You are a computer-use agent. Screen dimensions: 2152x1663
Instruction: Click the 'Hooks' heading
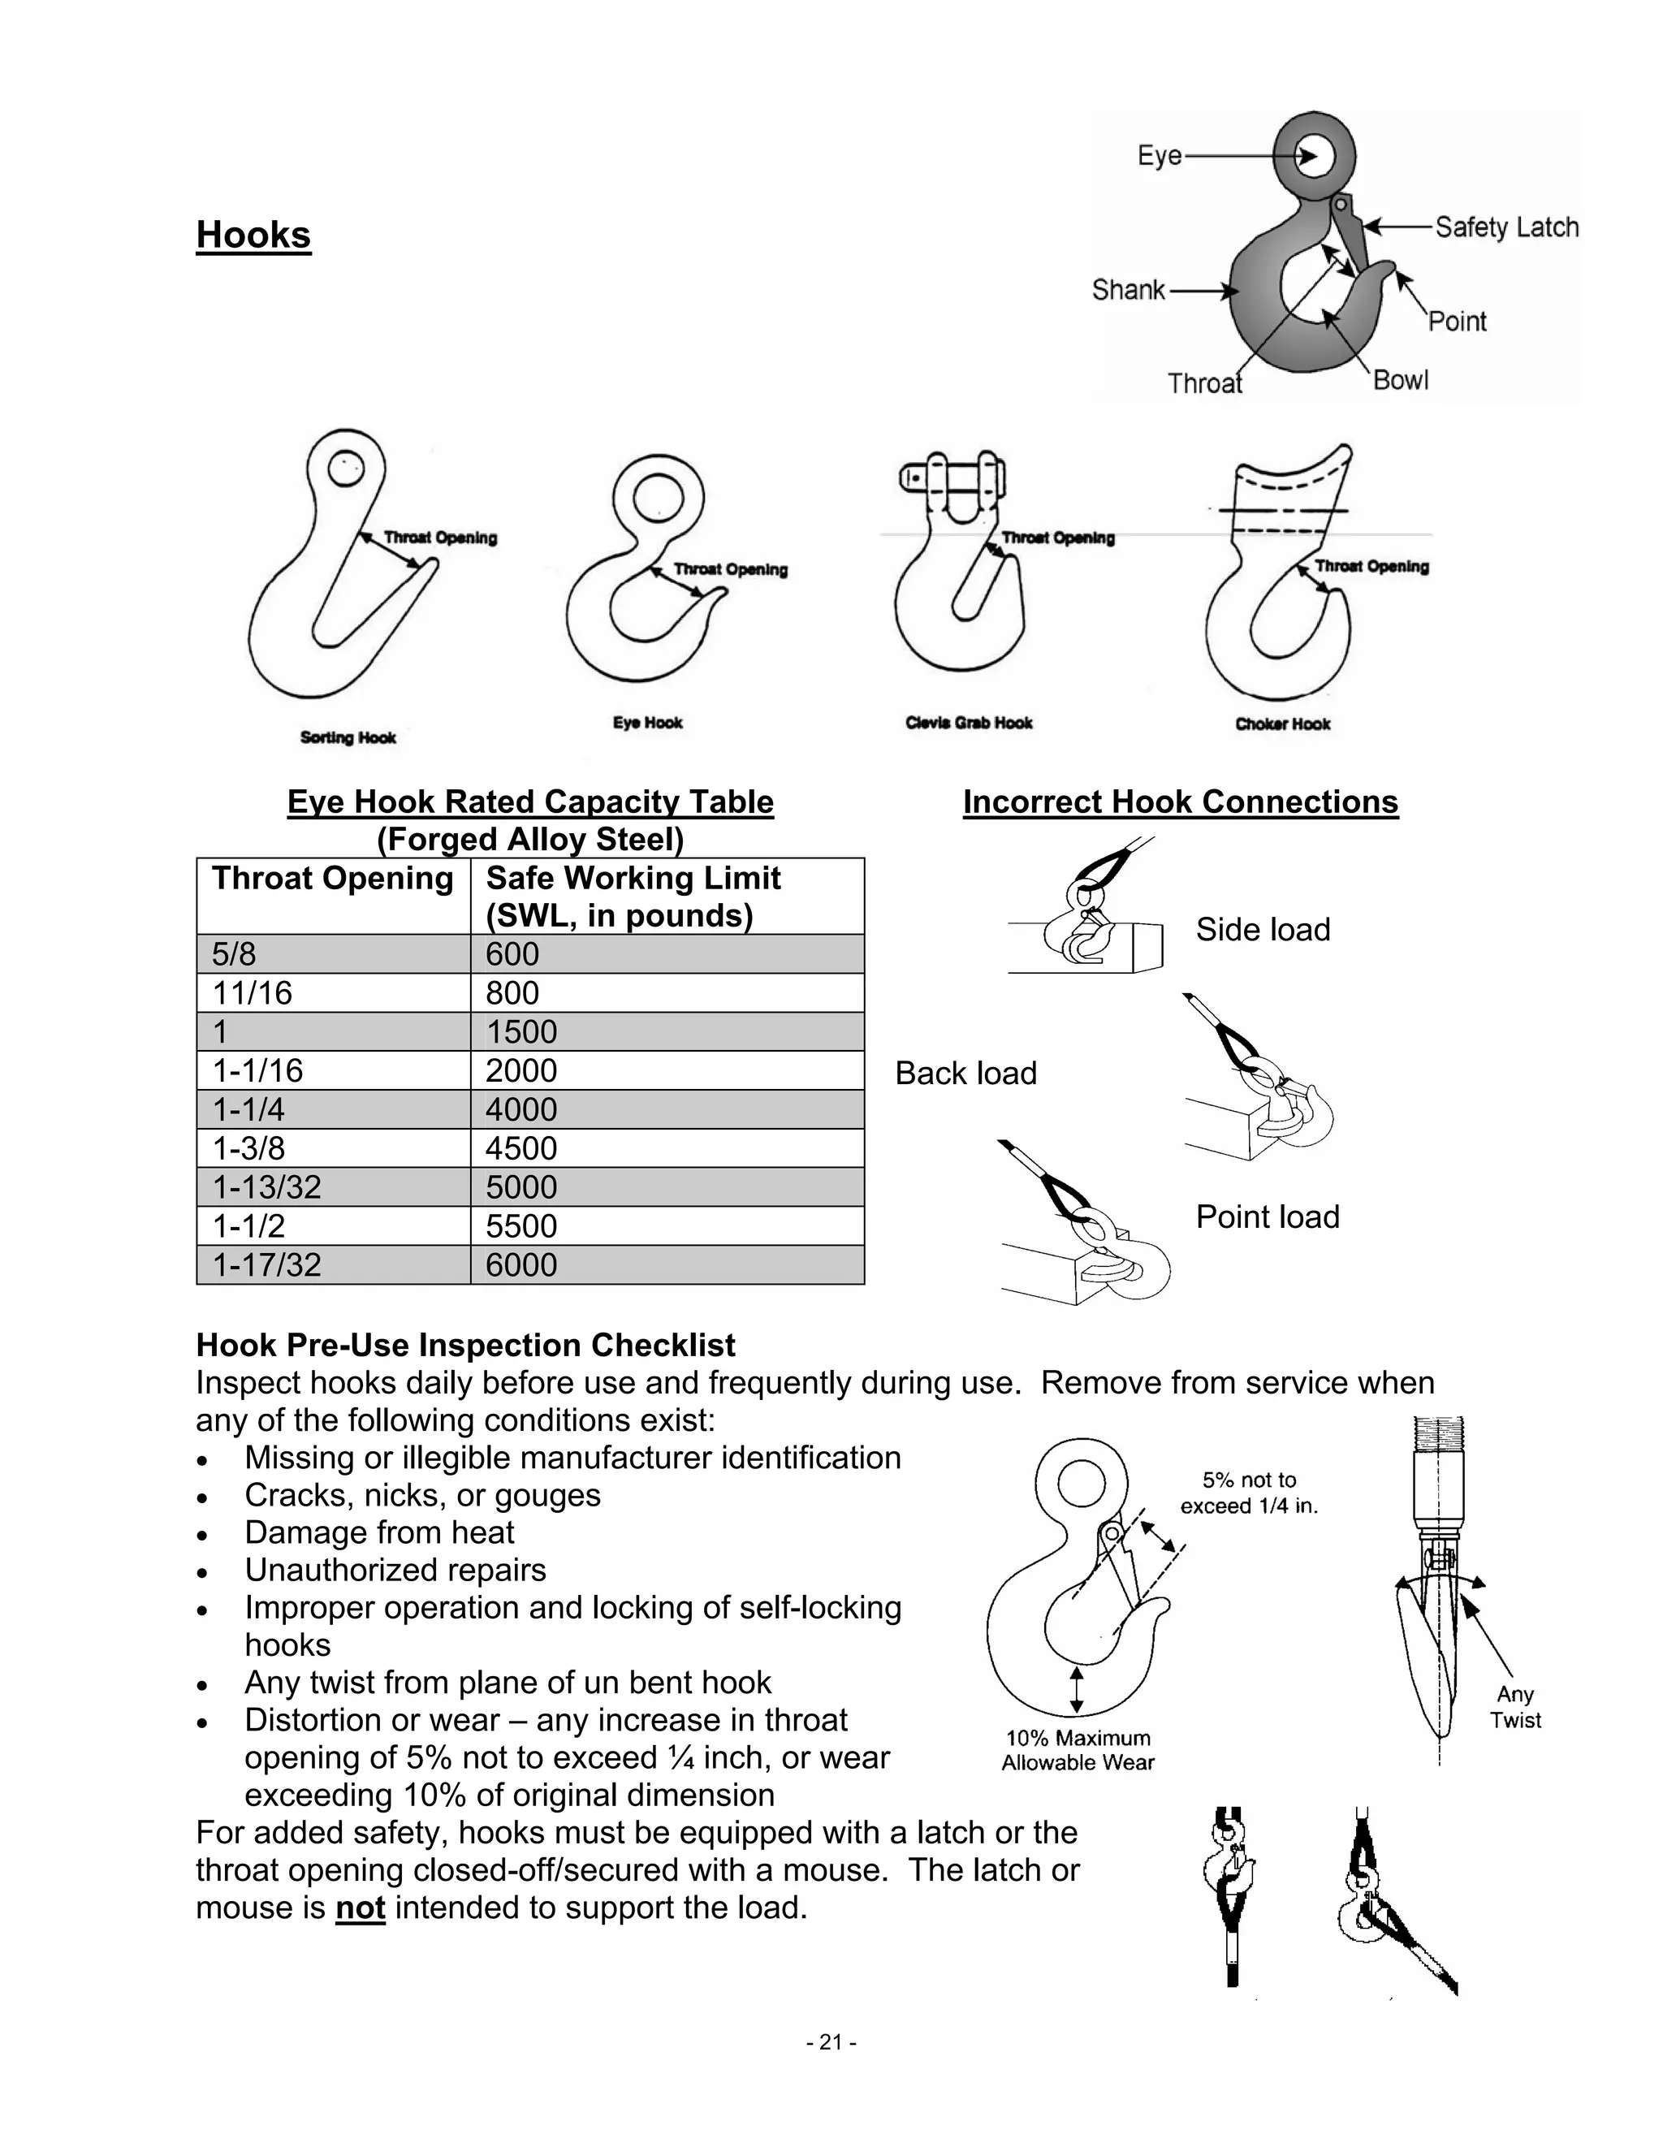coord(253,235)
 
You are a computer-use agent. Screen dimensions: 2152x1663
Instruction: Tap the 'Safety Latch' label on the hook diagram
coord(1505,227)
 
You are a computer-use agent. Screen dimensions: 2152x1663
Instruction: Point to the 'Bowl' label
coord(1400,380)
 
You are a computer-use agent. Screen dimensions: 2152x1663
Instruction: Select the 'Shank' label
coord(1128,290)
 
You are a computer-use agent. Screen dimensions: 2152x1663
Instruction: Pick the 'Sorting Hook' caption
coord(348,738)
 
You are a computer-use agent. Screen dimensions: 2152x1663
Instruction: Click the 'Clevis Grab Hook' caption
coord(969,724)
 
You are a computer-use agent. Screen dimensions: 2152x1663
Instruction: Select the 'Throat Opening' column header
coord(332,878)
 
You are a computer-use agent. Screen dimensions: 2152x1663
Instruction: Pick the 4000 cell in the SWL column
coord(521,1109)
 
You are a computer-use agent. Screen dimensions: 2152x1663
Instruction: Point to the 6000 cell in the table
coord(521,1265)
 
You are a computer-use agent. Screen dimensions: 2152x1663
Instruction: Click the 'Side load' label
coord(1262,929)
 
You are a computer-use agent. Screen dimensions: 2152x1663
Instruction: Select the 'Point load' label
coord(1267,1217)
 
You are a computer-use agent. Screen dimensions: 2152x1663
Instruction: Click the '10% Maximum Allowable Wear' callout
coord(1077,1750)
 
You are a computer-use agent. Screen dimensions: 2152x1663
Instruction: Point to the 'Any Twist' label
coord(1514,1707)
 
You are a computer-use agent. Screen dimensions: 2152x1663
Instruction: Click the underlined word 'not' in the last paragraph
coord(360,1908)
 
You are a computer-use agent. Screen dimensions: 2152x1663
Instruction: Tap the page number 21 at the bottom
coord(831,2042)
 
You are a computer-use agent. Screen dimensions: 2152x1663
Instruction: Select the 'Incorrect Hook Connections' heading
coord(1180,802)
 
